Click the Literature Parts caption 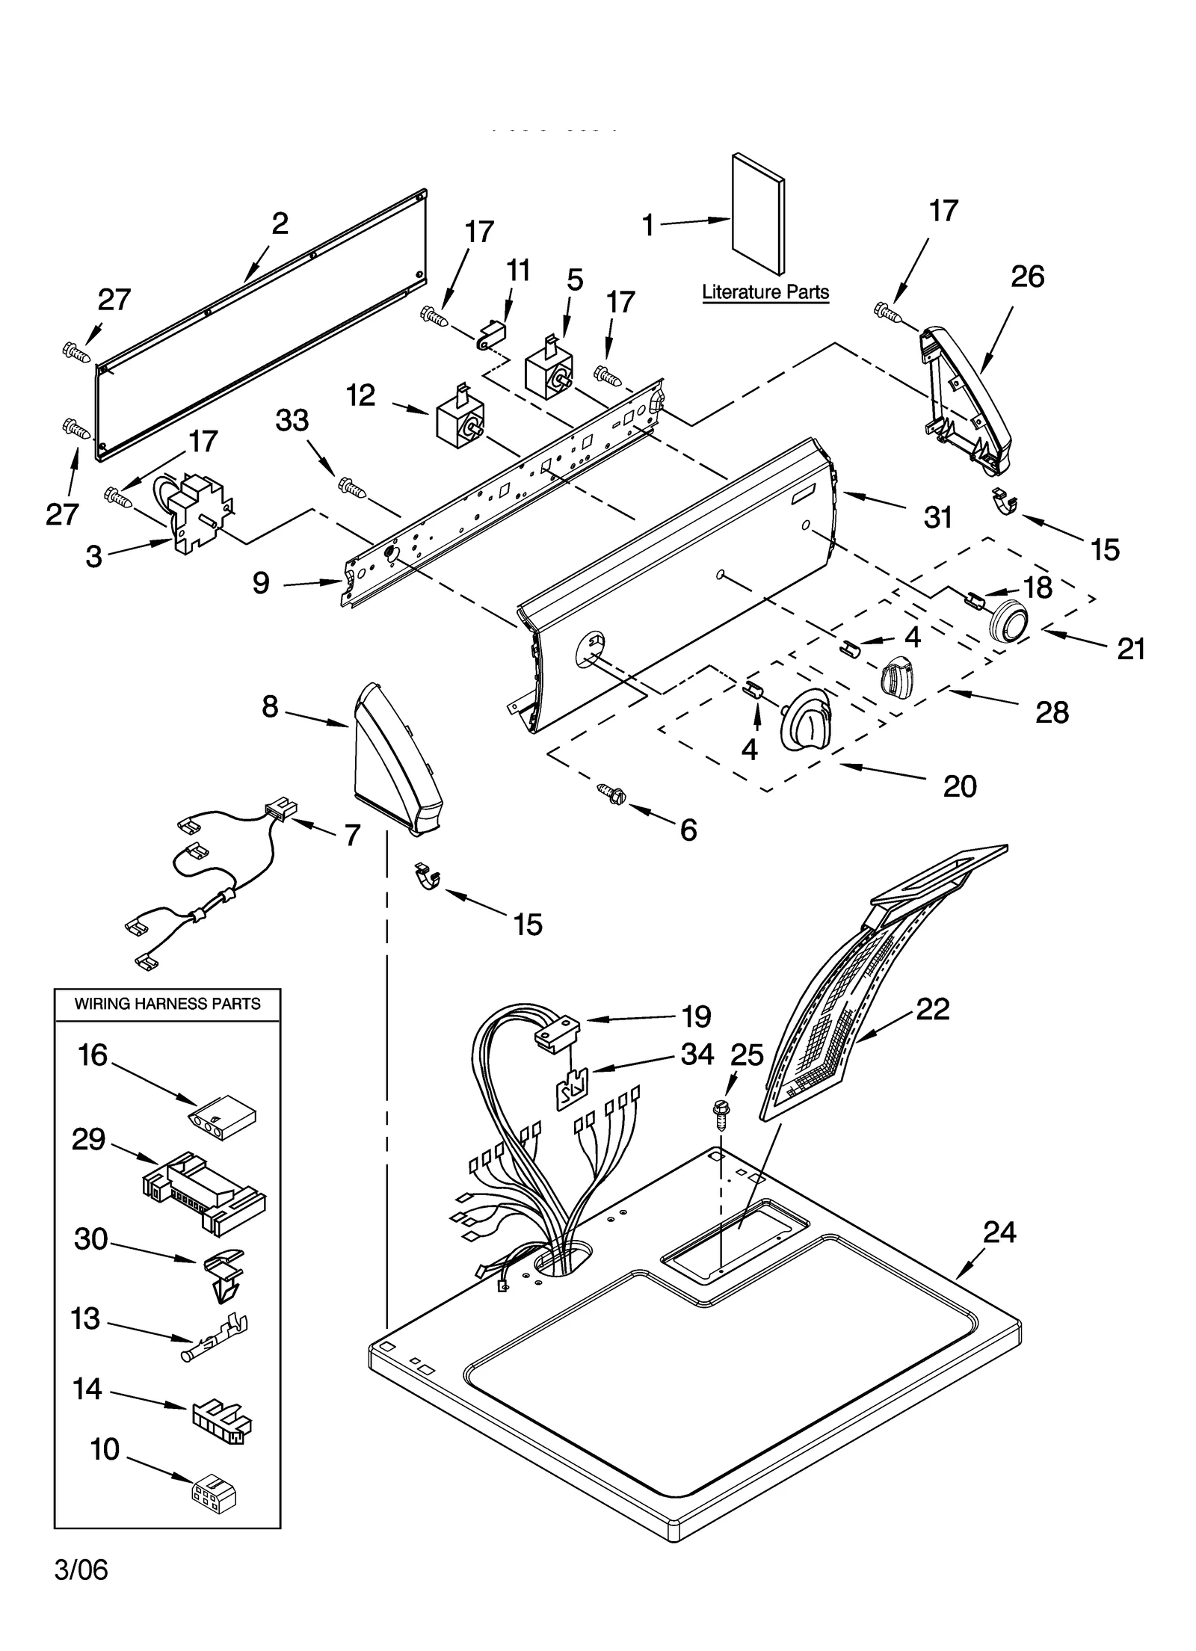tap(765, 292)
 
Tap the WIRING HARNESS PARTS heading tap(167, 1004)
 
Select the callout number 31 tap(937, 517)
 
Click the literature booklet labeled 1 tap(758, 215)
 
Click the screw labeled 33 tap(352, 487)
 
